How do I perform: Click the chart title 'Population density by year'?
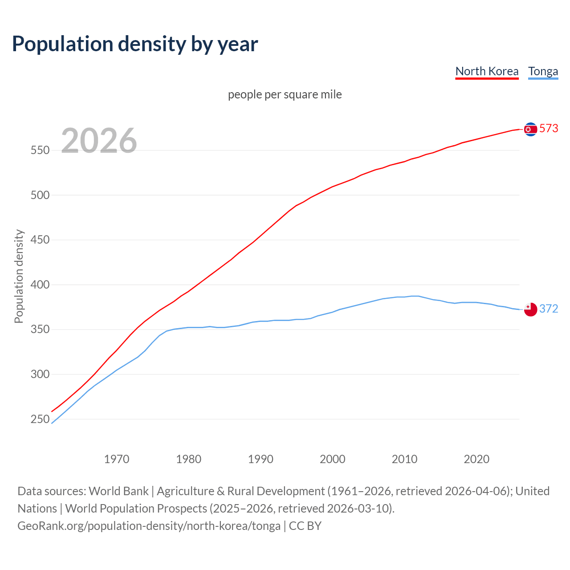click(x=135, y=44)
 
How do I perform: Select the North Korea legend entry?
click(x=487, y=71)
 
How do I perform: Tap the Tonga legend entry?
click(x=543, y=71)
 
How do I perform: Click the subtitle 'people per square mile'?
click(x=285, y=94)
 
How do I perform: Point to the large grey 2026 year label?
click(x=99, y=141)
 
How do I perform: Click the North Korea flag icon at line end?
click(x=530, y=129)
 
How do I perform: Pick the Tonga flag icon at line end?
click(x=530, y=309)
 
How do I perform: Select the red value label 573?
click(x=549, y=128)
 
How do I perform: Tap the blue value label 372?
click(x=549, y=309)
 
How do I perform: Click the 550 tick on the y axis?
click(x=40, y=151)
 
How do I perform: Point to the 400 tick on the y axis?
click(x=40, y=285)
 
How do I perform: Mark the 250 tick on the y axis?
click(x=40, y=419)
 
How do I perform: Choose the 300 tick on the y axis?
click(x=40, y=374)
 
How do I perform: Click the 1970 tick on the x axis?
click(x=117, y=459)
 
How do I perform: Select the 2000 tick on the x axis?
click(x=333, y=459)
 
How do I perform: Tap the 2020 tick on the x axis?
click(x=476, y=459)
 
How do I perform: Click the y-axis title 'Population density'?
click(x=19, y=276)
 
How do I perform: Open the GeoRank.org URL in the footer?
click(x=149, y=525)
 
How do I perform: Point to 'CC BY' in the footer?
click(x=305, y=525)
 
